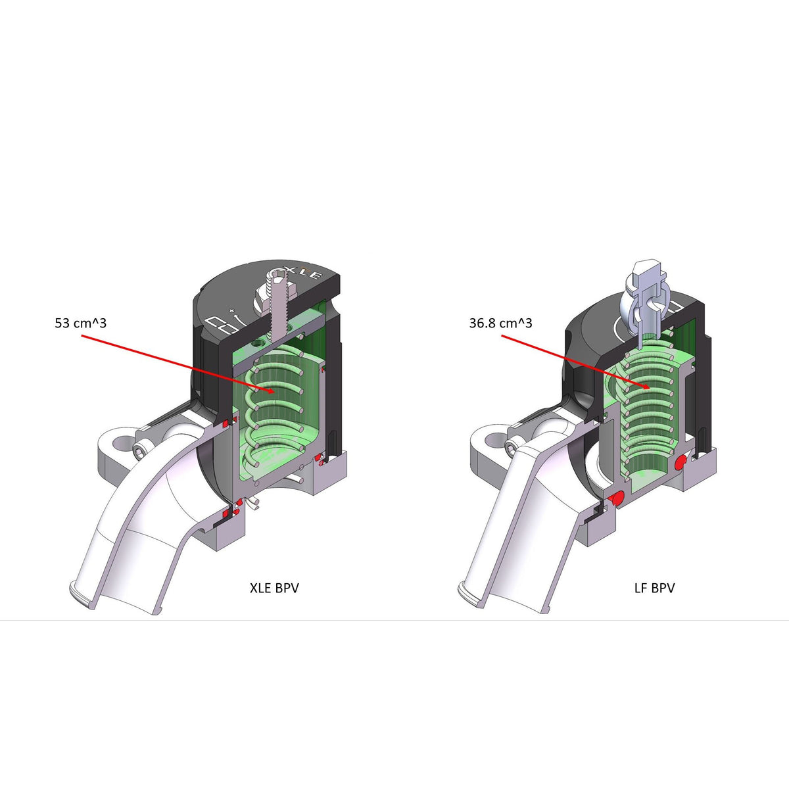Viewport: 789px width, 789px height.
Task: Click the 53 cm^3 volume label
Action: pyautogui.click(x=81, y=323)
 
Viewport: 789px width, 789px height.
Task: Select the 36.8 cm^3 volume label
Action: pyautogui.click(x=500, y=323)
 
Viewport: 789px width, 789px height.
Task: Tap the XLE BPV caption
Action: pyautogui.click(x=274, y=588)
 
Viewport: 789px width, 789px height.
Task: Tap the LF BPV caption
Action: pyautogui.click(x=654, y=588)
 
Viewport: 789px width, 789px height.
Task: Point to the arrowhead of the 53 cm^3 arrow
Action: pyautogui.click(x=272, y=392)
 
